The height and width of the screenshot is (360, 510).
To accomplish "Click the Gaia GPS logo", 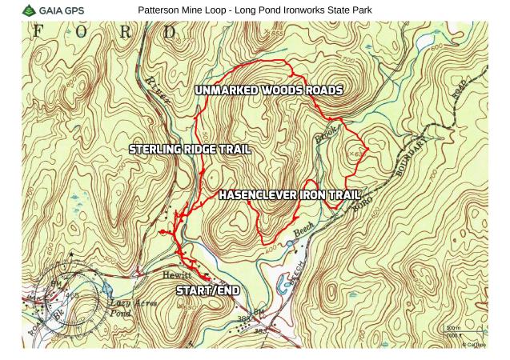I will [x=56, y=10].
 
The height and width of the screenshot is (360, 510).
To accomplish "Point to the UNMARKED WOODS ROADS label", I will [x=268, y=90].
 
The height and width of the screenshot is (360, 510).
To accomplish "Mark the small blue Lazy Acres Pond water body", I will [x=107, y=288].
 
